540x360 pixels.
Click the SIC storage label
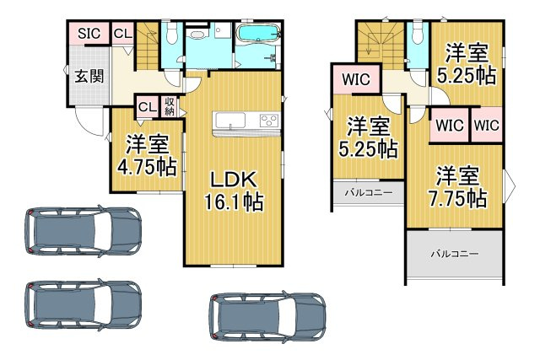89,34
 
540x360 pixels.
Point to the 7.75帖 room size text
458,199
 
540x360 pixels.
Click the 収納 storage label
169,107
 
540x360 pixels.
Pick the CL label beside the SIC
122,34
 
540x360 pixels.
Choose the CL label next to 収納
146,107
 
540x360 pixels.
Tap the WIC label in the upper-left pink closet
354,80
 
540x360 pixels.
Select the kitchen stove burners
269,119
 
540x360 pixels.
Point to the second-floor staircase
380,46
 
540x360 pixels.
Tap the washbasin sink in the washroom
199,35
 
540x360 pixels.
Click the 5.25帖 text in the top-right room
467,64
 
